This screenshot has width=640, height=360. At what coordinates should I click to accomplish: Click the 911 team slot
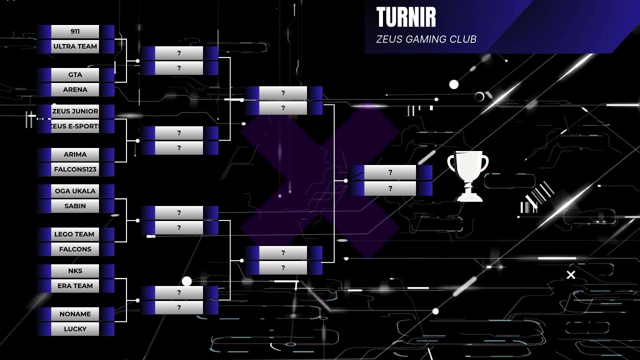tap(75, 31)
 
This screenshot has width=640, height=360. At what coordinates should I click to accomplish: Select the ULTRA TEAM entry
tap(75, 46)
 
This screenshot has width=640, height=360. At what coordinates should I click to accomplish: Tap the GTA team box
tap(75, 74)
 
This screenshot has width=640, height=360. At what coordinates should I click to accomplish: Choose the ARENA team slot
tap(75, 89)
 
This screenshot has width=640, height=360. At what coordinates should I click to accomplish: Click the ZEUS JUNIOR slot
tap(75, 111)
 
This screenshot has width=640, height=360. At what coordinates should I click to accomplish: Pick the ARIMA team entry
tap(75, 154)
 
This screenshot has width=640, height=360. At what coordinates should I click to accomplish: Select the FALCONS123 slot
tap(75, 169)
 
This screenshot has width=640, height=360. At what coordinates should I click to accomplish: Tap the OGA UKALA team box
tap(75, 191)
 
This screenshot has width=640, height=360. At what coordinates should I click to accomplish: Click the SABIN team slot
tap(75, 205)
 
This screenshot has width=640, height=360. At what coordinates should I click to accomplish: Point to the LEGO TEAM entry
tap(75, 234)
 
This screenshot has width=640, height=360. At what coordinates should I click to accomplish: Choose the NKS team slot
tap(75, 270)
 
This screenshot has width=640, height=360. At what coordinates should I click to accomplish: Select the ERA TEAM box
tap(75, 285)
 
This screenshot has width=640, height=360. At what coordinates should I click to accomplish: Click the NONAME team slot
tap(75, 313)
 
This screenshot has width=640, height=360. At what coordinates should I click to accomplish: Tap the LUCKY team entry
tap(75, 328)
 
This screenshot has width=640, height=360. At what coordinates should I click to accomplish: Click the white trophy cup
tap(468, 176)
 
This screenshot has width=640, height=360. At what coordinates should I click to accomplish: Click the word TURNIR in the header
tap(406, 17)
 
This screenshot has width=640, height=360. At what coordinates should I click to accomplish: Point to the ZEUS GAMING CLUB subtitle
tap(426, 39)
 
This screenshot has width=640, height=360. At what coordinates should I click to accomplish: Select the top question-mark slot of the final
tap(390, 172)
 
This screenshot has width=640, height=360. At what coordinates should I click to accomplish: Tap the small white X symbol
tap(571, 275)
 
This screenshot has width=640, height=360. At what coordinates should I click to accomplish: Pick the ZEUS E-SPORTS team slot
tap(75, 126)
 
